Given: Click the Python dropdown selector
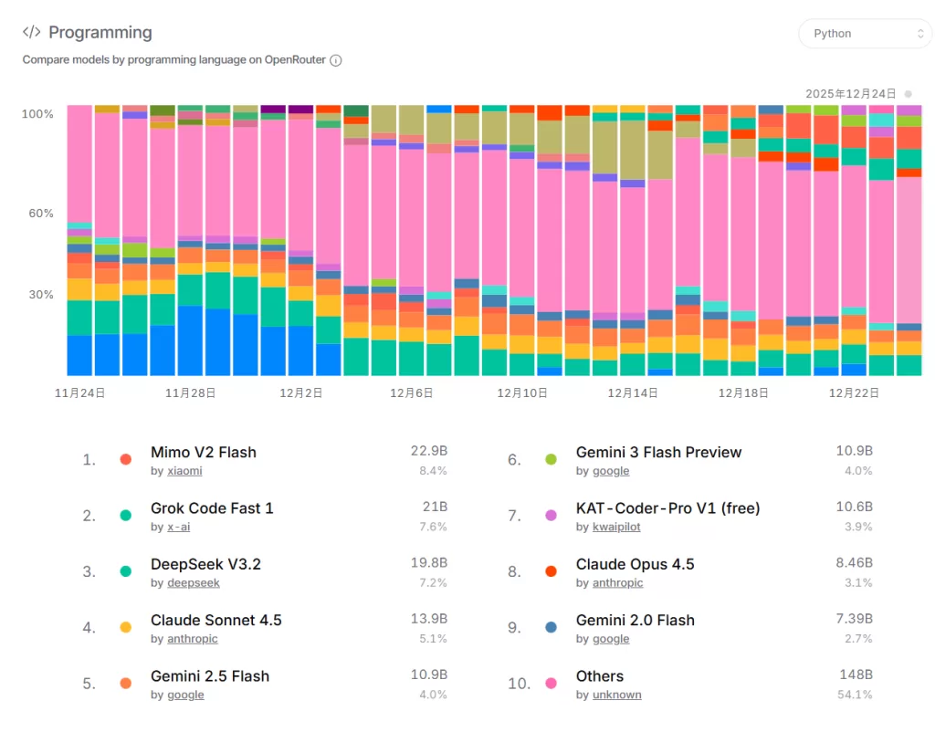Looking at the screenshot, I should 865,34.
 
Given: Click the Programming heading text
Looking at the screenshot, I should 100,33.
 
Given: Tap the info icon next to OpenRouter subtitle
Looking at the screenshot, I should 336,60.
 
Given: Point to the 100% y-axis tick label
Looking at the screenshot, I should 37,114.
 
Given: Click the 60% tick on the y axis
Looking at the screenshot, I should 41,214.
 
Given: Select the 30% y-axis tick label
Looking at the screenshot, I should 41,295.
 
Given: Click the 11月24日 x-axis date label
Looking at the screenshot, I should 80,393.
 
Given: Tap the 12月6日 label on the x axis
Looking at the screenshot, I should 412,393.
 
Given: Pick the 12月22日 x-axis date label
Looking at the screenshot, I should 854,393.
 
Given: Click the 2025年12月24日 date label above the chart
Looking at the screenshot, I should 851,94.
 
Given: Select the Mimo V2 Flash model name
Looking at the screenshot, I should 204,453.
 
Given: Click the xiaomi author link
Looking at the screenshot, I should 184,471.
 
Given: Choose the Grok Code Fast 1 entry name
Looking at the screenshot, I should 212,508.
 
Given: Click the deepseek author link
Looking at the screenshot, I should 194,583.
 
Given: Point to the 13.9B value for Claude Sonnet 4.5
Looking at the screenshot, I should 428,620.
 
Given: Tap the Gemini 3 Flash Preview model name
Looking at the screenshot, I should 658,453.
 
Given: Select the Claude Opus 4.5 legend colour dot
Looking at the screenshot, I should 551,571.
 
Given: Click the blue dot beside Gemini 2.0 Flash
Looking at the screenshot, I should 551,627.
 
